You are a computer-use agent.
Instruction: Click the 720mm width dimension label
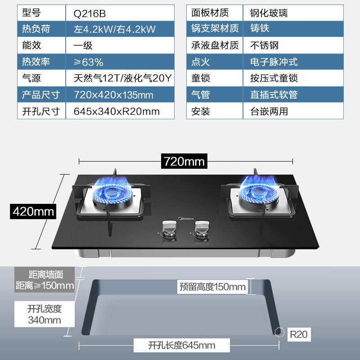click(x=184, y=161)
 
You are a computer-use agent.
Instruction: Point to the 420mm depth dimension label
click(x=34, y=211)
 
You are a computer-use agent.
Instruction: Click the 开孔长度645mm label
click(x=182, y=346)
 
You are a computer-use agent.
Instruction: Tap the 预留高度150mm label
click(x=212, y=287)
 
